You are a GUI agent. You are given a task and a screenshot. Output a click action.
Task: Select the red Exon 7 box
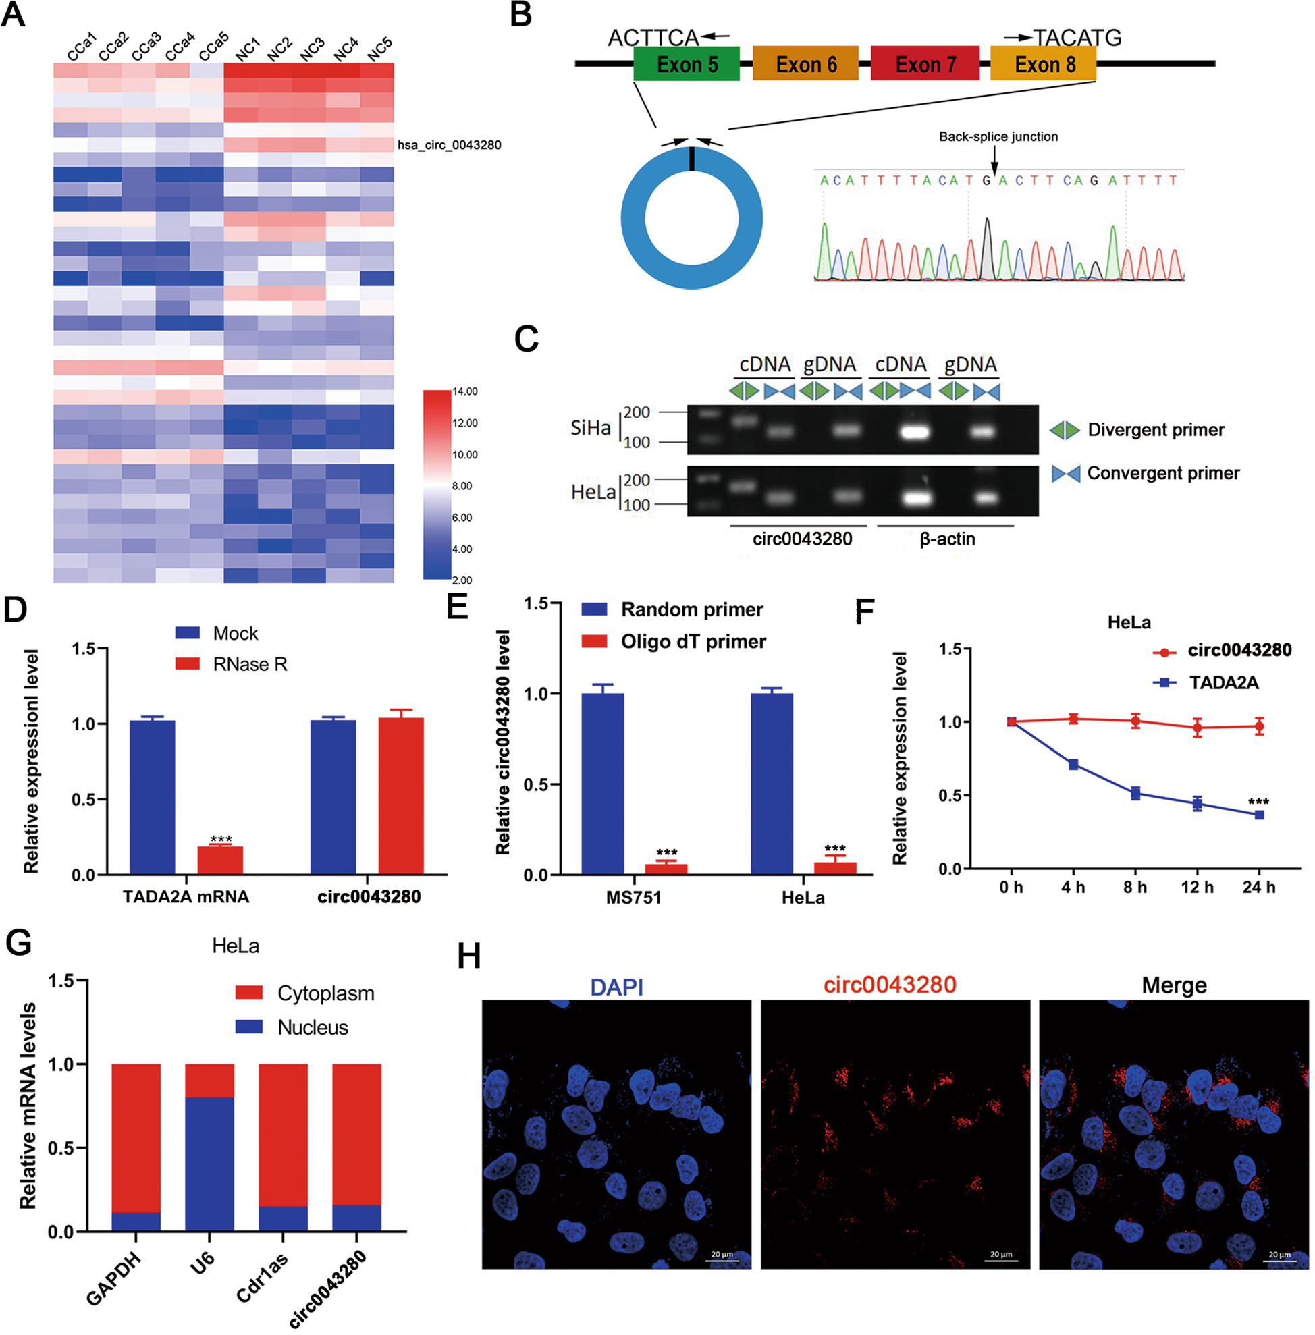pyautogui.click(x=925, y=63)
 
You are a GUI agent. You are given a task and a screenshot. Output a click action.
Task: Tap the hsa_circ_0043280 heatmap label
pyautogui.click(x=449, y=145)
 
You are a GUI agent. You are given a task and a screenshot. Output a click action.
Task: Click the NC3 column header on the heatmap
pyautogui.click(x=311, y=49)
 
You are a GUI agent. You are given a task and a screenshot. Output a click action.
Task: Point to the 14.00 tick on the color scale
pyautogui.click(x=465, y=391)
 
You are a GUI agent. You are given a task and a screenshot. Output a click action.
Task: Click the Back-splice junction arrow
pyautogui.click(x=994, y=163)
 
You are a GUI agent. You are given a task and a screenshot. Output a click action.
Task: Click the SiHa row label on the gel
pyautogui.click(x=591, y=428)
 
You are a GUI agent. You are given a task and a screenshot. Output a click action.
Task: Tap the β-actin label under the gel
pyautogui.click(x=947, y=539)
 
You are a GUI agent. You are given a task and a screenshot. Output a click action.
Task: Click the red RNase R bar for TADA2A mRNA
pyautogui.click(x=219, y=860)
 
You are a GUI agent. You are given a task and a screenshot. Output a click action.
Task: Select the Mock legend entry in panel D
pyautogui.click(x=235, y=632)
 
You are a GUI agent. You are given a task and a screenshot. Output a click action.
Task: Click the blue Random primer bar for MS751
pyautogui.click(x=602, y=783)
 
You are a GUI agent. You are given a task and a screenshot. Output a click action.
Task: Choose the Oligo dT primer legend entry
pyautogui.click(x=693, y=642)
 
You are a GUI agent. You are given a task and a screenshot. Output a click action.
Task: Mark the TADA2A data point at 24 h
pyautogui.click(x=1259, y=815)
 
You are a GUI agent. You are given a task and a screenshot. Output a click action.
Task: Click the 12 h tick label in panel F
pyautogui.click(x=1197, y=888)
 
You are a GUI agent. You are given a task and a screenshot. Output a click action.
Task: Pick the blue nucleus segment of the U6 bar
pyautogui.click(x=209, y=1164)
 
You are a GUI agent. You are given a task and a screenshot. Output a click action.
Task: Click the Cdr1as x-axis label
pyautogui.click(x=263, y=1278)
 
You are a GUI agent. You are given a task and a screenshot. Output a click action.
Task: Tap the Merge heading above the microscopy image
pyautogui.click(x=1174, y=985)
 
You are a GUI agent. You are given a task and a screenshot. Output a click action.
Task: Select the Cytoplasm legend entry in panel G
pyautogui.click(x=325, y=993)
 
